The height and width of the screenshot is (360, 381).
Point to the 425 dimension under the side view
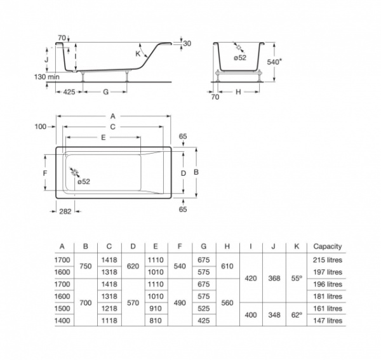70,92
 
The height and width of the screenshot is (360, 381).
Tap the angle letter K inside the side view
138,55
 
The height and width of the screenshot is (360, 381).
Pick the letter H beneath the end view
238,92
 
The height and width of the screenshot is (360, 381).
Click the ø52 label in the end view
240,58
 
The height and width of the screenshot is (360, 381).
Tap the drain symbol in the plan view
75,173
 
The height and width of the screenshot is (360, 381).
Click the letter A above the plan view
112,116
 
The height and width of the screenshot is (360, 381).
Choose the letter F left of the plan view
45,173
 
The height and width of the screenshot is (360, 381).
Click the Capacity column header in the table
327,246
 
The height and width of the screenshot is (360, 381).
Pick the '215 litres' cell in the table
327,260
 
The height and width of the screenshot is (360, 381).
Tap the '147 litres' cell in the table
327,321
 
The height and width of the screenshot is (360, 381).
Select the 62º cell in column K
295,314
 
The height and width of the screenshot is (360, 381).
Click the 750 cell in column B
86,266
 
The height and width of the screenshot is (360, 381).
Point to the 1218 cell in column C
109,309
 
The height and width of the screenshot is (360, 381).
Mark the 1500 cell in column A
62,309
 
